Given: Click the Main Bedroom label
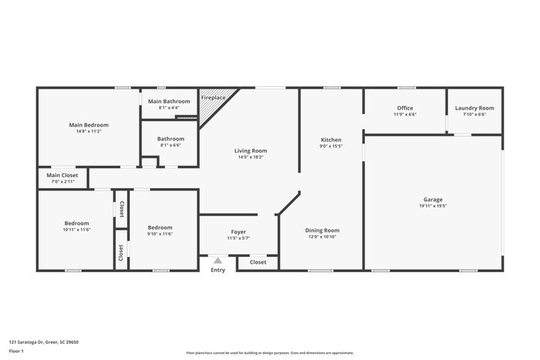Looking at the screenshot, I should tap(89, 125).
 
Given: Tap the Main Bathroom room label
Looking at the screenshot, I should tap(169, 102).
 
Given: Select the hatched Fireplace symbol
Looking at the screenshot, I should tap(209, 110).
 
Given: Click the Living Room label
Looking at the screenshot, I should tap(251, 150).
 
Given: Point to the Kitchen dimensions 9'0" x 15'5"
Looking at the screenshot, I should tap(330, 146).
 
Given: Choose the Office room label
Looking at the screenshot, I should tap(405, 108).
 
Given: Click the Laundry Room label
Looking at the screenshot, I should tap(474, 108).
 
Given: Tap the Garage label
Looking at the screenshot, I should tap(432, 200).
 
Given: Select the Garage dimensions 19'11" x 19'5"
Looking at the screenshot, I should tap(432, 206).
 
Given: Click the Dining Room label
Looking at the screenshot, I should tap(322, 230).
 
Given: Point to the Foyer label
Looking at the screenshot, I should tap(238, 232).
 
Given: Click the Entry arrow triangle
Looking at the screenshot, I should tap(218, 261).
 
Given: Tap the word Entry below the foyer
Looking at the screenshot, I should tap(218, 270).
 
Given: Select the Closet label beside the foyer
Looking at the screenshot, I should tap(258, 262).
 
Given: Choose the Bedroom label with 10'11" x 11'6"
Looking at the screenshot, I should tap(76, 224).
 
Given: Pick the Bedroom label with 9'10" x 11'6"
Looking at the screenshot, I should tap(160, 227).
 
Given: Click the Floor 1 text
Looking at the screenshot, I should tap(17, 352).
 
